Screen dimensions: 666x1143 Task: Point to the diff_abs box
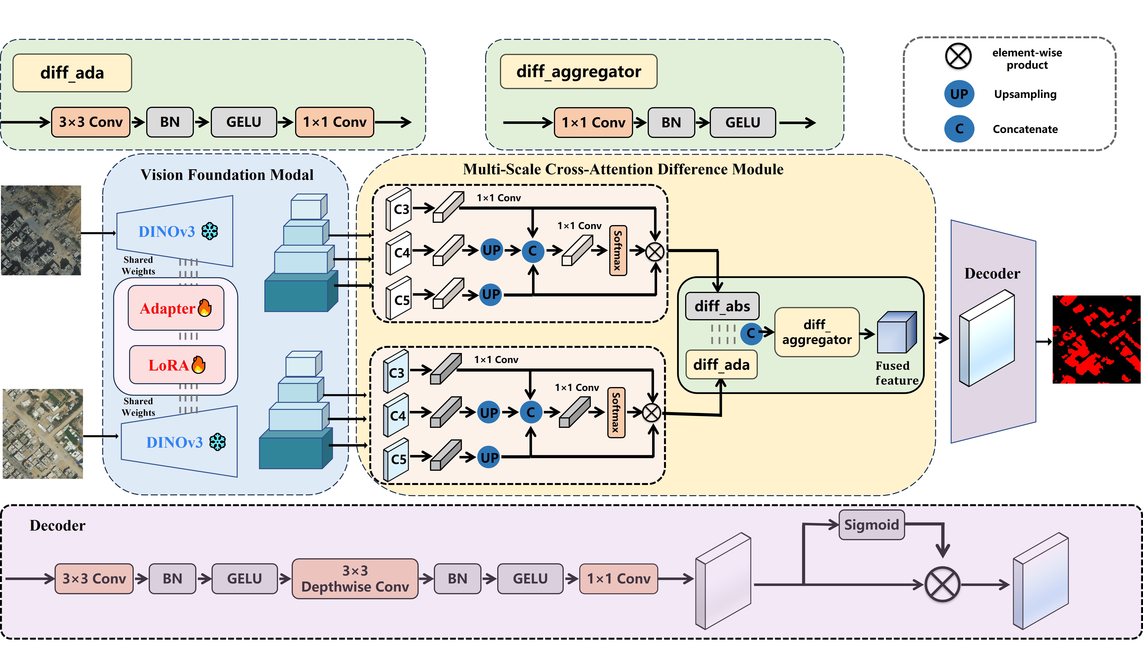coord(722,306)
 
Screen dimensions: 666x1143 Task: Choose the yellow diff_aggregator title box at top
coord(578,72)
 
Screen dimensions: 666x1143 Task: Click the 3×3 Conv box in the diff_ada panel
coord(91,122)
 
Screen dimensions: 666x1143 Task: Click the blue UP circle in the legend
coord(959,94)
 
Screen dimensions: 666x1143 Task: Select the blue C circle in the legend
coord(959,129)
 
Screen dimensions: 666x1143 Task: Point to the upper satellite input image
coord(41,230)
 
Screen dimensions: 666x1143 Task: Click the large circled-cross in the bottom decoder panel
coord(942,584)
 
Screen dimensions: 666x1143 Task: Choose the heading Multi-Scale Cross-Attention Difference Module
coord(623,169)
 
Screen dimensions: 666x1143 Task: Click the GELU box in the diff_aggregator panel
coord(742,123)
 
